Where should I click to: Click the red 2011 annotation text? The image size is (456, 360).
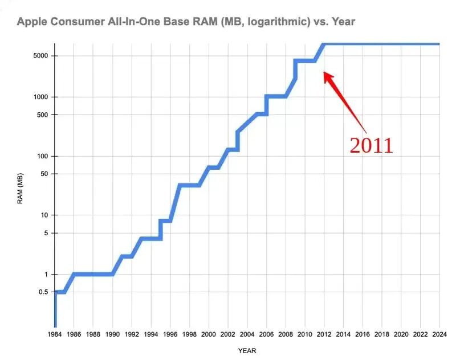(371, 145)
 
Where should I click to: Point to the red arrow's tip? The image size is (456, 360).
(324, 72)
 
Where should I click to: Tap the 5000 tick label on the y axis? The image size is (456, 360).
(40, 55)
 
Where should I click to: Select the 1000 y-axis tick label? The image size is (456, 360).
(40, 97)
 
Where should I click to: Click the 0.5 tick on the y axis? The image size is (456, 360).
(43, 292)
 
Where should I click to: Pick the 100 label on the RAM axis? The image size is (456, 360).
(42, 156)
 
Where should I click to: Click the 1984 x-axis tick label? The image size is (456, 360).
(55, 334)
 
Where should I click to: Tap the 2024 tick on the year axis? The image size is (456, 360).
(439, 334)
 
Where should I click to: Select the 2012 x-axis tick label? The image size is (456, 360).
(324, 334)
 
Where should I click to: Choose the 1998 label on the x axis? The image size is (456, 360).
(189, 334)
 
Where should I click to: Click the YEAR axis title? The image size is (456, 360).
(247, 351)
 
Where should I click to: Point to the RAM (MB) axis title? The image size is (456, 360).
(20, 189)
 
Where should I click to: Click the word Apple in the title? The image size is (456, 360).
(32, 22)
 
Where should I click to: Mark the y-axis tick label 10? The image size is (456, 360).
(44, 215)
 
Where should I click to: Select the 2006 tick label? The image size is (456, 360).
(266, 334)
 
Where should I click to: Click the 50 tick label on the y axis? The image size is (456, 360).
(44, 174)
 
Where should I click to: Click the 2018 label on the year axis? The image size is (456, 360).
(381, 334)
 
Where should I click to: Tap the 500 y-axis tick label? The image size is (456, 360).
(42, 114)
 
